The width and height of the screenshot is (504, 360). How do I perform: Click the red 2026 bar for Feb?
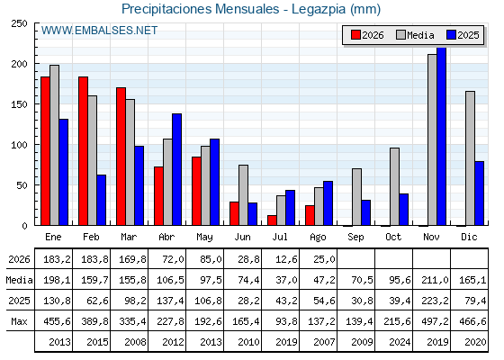[x=83, y=151]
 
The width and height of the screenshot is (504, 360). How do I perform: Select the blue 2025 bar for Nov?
[x=441, y=136]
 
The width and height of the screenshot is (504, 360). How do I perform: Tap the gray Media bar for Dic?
[x=470, y=158]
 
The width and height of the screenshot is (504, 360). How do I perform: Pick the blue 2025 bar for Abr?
[x=176, y=169]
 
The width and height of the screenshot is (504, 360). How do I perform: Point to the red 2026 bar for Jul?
[x=272, y=220]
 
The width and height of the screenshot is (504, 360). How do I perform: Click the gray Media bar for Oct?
[x=394, y=187]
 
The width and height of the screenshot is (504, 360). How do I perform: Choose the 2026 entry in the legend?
[x=367, y=35]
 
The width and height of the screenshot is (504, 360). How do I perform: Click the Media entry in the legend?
[x=415, y=35]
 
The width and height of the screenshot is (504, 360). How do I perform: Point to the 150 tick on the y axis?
[x=19, y=104]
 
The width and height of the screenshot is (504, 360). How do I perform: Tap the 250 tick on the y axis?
[x=19, y=23]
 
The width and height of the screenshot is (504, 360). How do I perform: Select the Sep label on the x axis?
[x=355, y=238]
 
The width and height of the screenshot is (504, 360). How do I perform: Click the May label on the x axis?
[x=204, y=238]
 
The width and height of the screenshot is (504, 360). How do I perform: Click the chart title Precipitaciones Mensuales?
[x=201, y=9]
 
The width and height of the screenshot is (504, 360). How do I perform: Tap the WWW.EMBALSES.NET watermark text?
[x=99, y=31]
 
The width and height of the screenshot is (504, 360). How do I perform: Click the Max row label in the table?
[x=19, y=321]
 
